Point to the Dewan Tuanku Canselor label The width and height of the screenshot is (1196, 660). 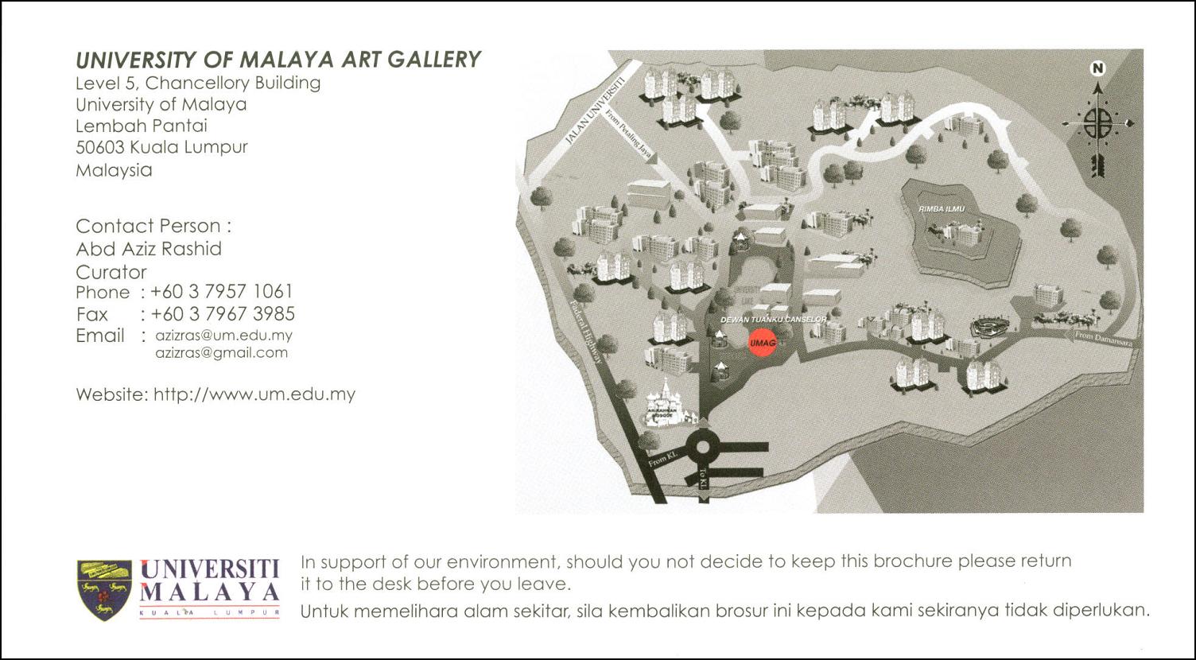773,319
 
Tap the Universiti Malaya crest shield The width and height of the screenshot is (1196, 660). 104,589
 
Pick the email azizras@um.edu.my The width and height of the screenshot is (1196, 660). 223,336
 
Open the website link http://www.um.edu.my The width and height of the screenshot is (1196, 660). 254,394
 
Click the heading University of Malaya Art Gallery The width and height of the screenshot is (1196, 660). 278,60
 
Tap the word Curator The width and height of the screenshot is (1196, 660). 111,271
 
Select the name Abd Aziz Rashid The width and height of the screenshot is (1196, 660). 149,249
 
